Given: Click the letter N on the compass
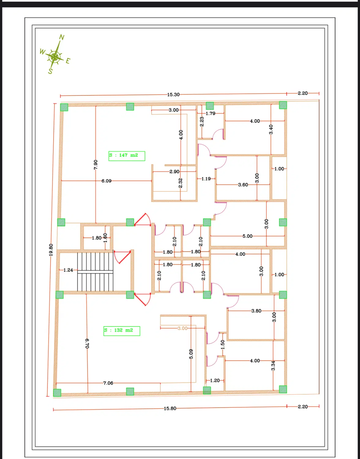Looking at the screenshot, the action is tap(62, 37).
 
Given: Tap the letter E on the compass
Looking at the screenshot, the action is tap(68, 61).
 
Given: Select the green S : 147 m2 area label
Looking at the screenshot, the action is tap(127, 156).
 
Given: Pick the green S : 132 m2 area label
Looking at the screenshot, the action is tap(122, 331).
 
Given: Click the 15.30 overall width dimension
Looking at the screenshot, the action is tap(173, 95).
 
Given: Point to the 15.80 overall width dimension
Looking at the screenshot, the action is tap(170, 408).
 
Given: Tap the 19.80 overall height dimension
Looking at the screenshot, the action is tap(51, 250).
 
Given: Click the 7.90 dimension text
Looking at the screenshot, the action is tap(96, 165).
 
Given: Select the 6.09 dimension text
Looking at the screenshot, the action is tap(106, 181).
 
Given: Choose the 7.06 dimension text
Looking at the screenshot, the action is tap(108, 383).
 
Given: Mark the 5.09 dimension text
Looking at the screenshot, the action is tap(191, 354).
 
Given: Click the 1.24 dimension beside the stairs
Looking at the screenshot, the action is tap(68, 270).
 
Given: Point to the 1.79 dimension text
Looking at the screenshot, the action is tap(210, 114).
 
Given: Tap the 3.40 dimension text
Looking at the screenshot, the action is tap(271, 129).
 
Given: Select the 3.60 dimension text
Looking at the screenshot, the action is tap(243, 185).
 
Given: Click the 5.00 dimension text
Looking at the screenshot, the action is tap(247, 236).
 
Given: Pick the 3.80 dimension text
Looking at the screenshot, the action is tap(256, 311).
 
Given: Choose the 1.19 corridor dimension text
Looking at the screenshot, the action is tap(206, 179).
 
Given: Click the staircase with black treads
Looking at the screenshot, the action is tap(95, 272).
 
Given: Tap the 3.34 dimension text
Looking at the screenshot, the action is tap(273, 366).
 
